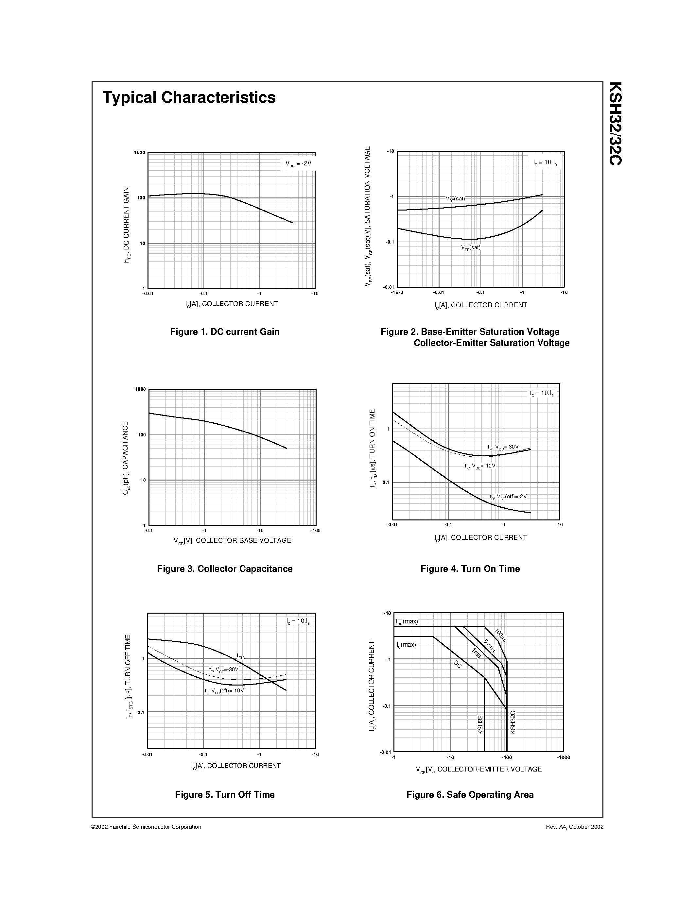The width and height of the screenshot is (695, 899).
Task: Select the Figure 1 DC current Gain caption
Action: [x=225, y=332]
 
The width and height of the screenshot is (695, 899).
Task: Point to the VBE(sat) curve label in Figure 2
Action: [x=455, y=199]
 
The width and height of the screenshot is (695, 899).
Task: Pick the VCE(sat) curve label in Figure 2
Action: [x=471, y=248]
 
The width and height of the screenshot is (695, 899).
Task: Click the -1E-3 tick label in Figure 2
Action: [x=397, y=293]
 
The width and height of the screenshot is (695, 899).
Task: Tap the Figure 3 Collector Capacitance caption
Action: [x=225, y=569]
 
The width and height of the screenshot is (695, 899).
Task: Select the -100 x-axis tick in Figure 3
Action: [x=315, y=531]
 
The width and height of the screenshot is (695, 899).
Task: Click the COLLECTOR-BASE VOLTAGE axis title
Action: [x=232, y=540]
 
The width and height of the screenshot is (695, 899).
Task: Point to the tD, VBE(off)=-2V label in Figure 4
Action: [x=508, y=497]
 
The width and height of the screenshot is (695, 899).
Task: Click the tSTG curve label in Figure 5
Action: [x=241, y=656]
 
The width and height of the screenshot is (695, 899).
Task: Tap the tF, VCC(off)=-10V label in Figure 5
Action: [x=224, y=691]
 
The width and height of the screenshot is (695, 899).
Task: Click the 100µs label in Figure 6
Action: [x=501, y=635]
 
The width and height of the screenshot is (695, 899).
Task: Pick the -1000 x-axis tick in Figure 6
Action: [x=563, y=757]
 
